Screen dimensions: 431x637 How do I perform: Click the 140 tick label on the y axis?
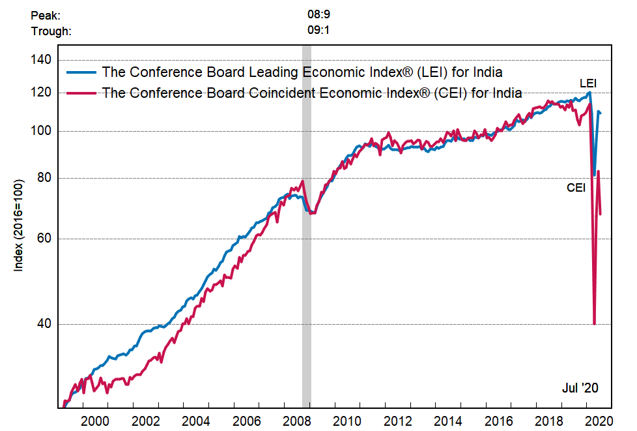coord(41,60)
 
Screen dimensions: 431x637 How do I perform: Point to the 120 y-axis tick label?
coord(41,93)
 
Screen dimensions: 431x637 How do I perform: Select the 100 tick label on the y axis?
coord(41,131)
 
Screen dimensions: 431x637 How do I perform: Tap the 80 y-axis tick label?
coord(44,178)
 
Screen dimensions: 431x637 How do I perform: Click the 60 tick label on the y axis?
coord(44,239)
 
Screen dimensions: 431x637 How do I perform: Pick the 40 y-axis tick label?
coord(44,324)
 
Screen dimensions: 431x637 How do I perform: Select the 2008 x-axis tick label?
coord(297,421)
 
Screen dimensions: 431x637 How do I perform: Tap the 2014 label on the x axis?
coord(448,421)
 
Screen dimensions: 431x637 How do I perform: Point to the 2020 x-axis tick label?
coord(599,421)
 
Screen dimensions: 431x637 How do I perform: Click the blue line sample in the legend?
coord(81,72)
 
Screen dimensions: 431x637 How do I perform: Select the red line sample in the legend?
coord(81,93)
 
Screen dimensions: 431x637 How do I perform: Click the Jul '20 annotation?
coord(580,388)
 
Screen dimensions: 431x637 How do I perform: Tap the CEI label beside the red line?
coord(576,188)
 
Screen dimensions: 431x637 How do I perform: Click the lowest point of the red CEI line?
coord(594,323)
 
